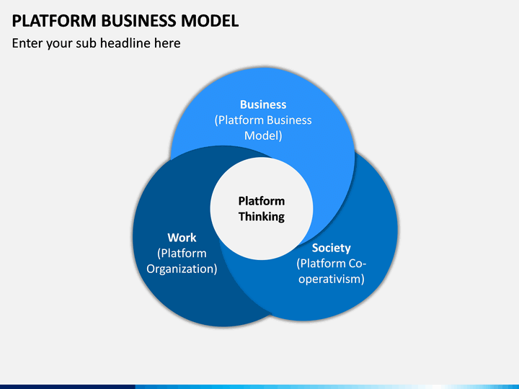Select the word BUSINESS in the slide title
[138, 21]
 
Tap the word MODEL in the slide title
[210, 21]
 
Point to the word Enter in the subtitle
[27, 43]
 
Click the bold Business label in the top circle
[263, 104]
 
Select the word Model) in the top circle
[263, 135]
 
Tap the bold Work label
[182, 238]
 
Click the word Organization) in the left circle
[182, 269]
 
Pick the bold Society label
[332, 248]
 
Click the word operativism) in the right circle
[332, 279]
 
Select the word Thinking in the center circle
[262, 217]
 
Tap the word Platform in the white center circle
[262, 201]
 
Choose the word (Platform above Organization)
[182, 254]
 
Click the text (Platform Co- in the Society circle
[332, 264]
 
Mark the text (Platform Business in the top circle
[263, 120]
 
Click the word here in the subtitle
[167, 43]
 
